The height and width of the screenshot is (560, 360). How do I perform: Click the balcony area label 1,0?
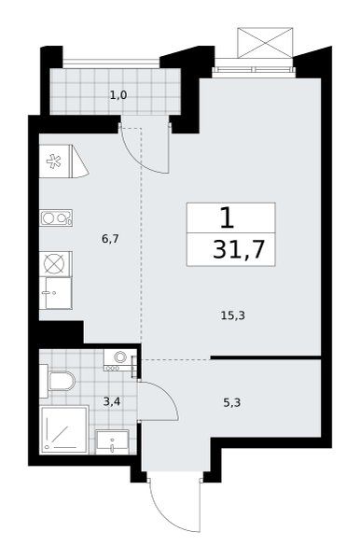click(118, 95)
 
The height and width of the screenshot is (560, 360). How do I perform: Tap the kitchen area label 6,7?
click(110, 239)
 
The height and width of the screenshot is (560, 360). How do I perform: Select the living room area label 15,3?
click(232, 315)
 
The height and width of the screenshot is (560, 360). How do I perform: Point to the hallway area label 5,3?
click(232, 403)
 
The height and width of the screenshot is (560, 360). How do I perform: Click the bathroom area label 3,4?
click(112, 402)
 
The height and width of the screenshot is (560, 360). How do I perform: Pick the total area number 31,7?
click(239, 249)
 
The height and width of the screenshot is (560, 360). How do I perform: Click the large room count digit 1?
click(228, 217)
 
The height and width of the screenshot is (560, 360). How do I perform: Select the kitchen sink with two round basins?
click(56, 217)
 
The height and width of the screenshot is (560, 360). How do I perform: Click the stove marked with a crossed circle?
click(56, 263)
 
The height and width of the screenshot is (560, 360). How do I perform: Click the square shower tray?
click(63, 429)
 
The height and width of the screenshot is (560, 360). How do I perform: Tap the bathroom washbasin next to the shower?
click(112, 442)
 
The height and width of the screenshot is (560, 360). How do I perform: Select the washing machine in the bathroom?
click(120, 360)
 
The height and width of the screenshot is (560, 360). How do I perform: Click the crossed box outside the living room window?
click(265, 43)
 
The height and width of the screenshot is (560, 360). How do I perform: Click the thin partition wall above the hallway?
click(266, 357)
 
